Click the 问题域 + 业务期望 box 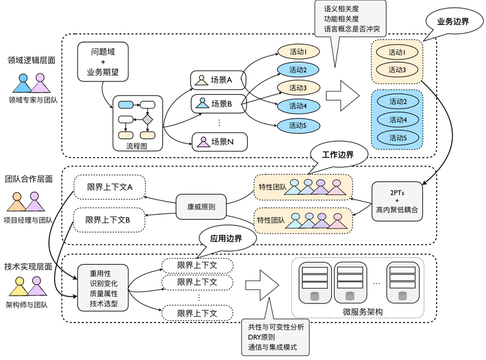103,63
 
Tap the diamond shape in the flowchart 146,119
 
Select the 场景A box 214,79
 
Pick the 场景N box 214,142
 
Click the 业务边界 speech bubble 453,22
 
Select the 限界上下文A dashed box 110,187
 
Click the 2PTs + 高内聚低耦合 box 397,202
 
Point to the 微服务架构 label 363,312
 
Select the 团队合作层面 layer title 29,179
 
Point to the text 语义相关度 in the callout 341,10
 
